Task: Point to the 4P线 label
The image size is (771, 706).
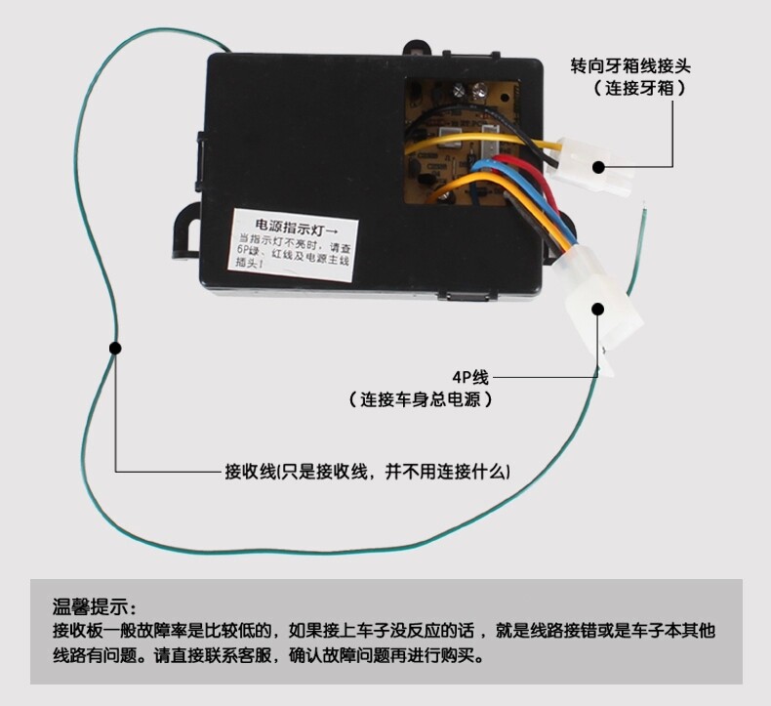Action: [468, 377]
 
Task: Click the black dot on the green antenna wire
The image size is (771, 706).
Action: [114, 348]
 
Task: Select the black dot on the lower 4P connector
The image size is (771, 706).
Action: [597, 308]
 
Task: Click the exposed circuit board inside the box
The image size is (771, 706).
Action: [468, 137]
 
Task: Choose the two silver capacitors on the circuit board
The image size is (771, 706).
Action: [470, 91]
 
